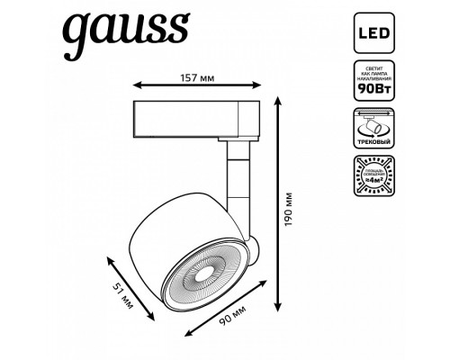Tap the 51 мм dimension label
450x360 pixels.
click(x=124, y=292)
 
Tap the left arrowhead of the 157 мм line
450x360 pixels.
click(x=136, y=85)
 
